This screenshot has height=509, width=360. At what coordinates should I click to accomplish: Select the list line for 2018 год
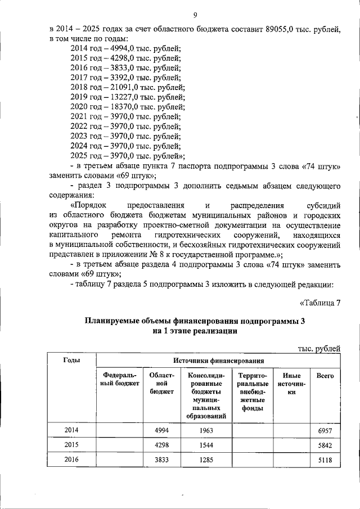(127, 87)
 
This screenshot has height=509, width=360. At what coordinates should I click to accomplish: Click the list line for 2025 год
(128, 155)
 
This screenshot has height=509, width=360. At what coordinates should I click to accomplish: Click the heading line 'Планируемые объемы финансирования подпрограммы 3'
(195, 321)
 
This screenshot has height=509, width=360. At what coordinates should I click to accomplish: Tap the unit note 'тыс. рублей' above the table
(319, 349)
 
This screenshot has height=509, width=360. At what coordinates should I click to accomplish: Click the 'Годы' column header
(71, 360)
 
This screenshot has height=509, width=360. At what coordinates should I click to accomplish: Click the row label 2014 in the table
(71, 430)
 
